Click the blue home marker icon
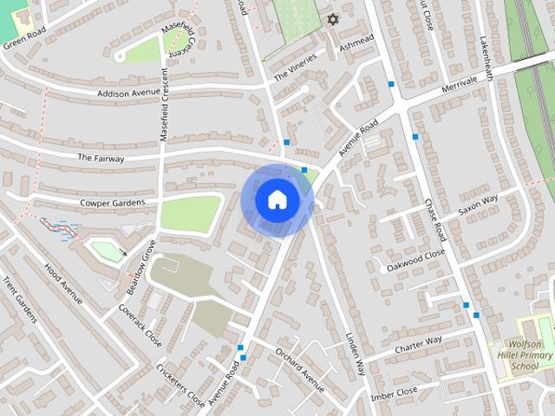coord(277,199)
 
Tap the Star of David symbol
coord(330,18)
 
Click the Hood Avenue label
coord(63,283)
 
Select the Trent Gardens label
coord(20,301)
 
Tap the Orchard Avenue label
coord(300,368)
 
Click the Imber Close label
coord(395,394)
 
